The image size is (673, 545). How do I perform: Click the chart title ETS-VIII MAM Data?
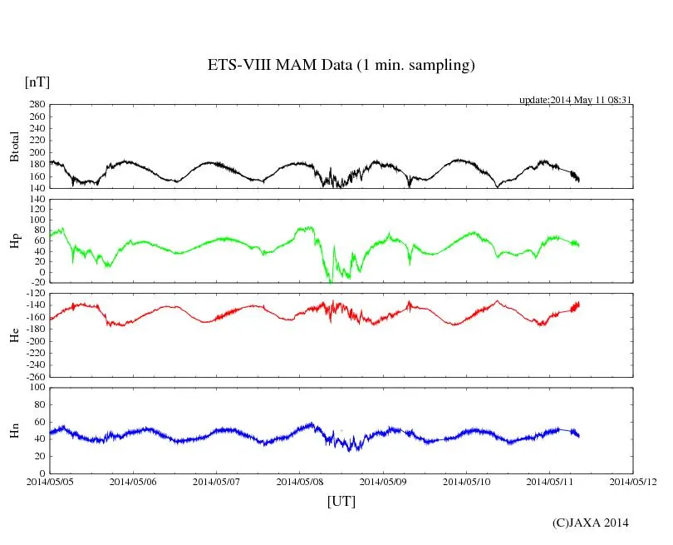(x=341, y=66)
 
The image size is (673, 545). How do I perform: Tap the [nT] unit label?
(x=37, y=82)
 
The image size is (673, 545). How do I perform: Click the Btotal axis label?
(x=14, y=146)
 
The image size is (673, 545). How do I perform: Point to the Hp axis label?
(x=14, y=241)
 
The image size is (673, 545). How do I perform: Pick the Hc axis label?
(x=14, y=334)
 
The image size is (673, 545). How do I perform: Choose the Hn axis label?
(x=14, y=430)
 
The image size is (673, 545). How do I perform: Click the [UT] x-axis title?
(x=341, y=501)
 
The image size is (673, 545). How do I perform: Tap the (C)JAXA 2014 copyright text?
(x=590, y=523)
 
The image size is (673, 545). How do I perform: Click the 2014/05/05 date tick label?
(x=50, y=481)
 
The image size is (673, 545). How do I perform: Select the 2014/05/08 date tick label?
(x=300, y=481)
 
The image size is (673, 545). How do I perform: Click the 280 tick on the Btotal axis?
(x=36, y=105)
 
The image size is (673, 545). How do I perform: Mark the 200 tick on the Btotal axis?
(x=36, y=152)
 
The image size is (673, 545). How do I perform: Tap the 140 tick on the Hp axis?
(x=36, y=201)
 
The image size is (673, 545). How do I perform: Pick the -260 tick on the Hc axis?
(x=33, y=377)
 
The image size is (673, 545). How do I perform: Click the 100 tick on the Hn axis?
(x=36, y=388)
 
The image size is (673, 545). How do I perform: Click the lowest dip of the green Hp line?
(x=331, y=282)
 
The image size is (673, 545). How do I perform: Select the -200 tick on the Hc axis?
(x=33, y=341)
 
